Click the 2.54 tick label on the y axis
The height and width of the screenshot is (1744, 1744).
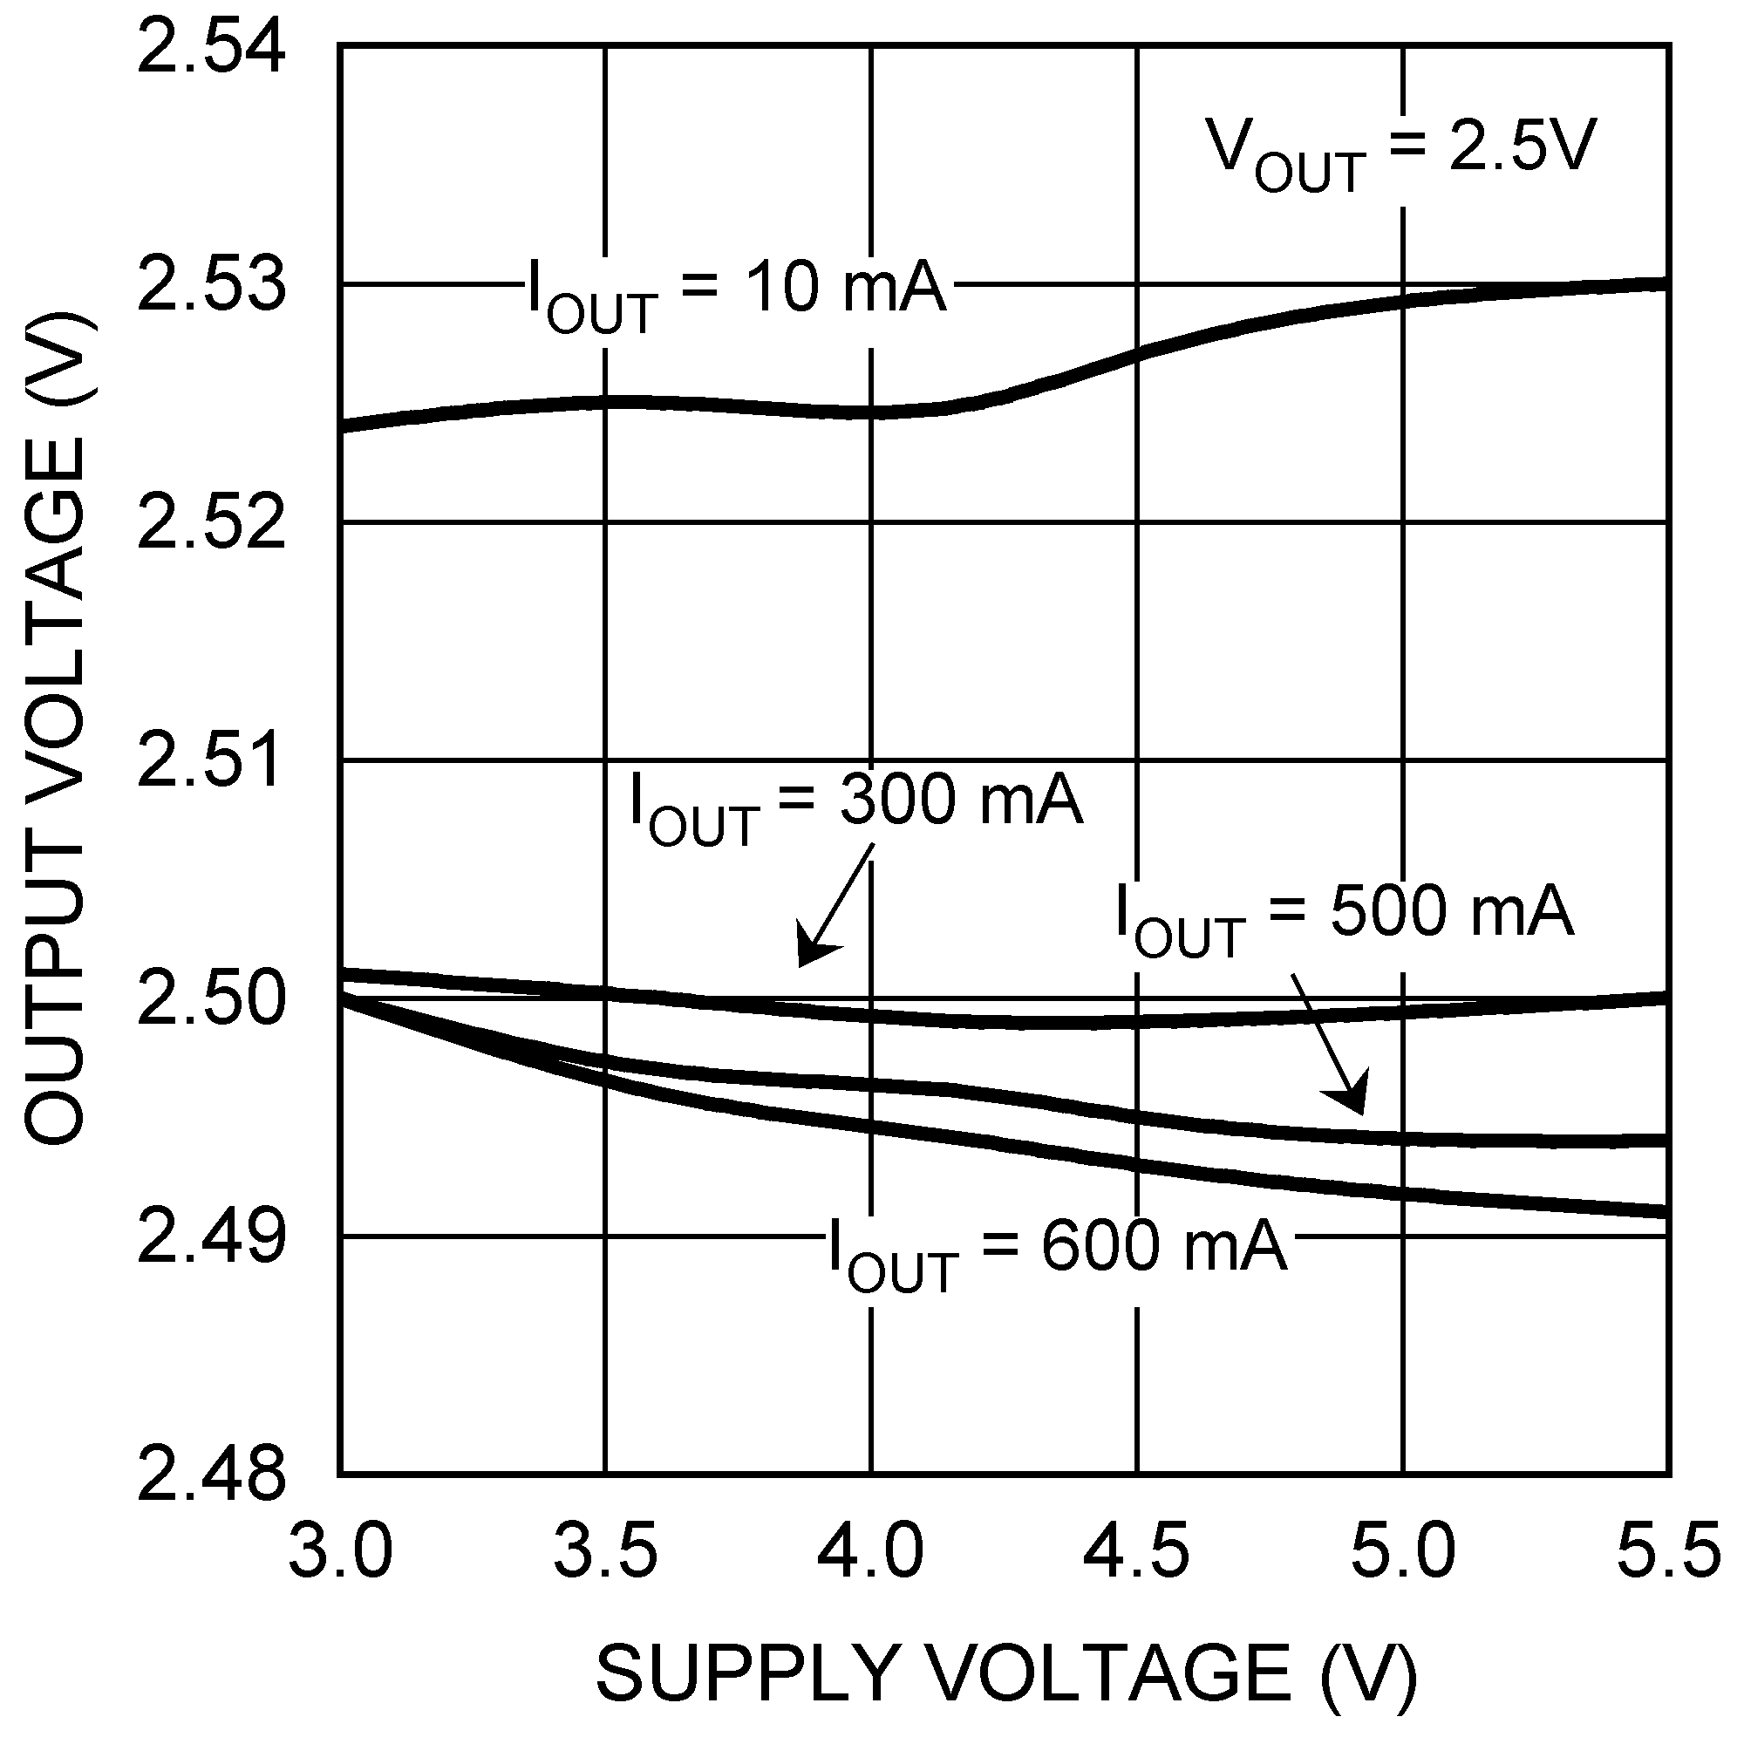pos(211,47)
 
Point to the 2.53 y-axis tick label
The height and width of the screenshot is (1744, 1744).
pos(211,285)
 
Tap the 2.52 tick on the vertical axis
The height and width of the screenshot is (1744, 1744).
pos(211,523)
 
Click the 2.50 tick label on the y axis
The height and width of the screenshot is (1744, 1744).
pos(211,999)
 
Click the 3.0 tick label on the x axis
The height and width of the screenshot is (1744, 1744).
pos(340,1549)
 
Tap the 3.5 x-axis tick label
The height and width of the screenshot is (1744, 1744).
pos(606,1549)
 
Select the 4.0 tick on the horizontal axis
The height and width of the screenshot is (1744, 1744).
pos(871,1549)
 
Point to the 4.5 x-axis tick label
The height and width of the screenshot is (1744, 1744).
pos(1136,1549)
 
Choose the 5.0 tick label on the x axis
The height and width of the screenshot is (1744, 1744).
pos(1403,1549)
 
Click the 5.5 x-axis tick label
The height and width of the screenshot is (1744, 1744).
pos(1668,1549)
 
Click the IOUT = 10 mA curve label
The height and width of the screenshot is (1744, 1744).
pos(737,294)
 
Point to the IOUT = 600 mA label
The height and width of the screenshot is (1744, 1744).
pos(1056,1251)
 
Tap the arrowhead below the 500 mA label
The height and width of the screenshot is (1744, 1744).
pos(1350,1095)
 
